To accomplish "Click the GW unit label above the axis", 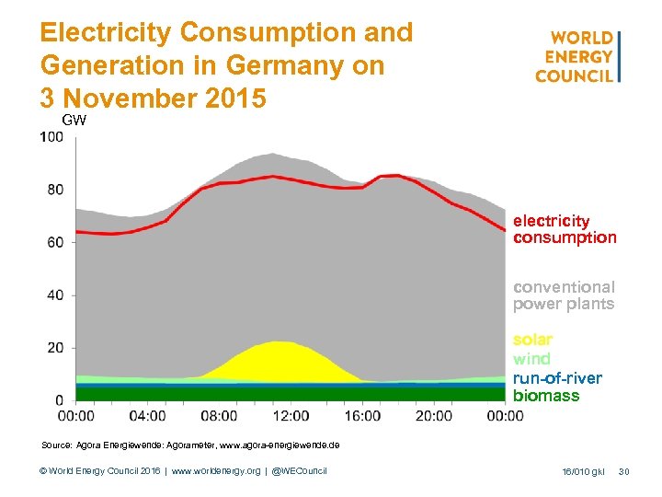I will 74,121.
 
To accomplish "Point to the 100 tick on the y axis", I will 51,137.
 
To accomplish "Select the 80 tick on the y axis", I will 55,190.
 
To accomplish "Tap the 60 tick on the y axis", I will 55,242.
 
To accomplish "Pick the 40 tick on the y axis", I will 55,295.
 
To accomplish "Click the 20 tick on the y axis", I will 55,348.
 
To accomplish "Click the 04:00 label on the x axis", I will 148,416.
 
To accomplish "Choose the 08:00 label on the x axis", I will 219,416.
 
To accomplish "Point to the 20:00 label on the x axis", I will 433,416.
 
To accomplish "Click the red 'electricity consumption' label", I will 565,229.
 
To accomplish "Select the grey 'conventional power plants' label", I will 564,295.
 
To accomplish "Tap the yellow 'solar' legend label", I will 532,340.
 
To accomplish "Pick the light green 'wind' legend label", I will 531,359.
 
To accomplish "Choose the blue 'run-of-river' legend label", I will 557,377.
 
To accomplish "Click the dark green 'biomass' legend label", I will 546,396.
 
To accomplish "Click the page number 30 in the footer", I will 624,471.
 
